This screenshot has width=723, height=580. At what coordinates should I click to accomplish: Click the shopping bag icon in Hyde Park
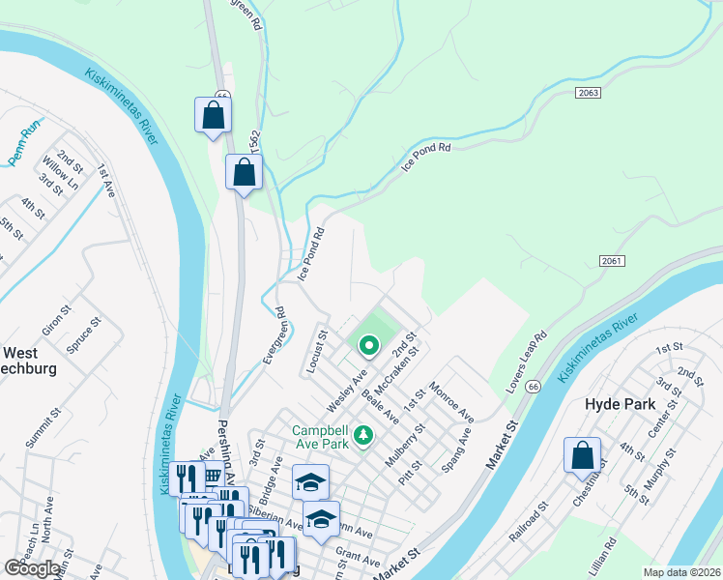583,455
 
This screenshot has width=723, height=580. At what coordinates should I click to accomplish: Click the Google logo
33,568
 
